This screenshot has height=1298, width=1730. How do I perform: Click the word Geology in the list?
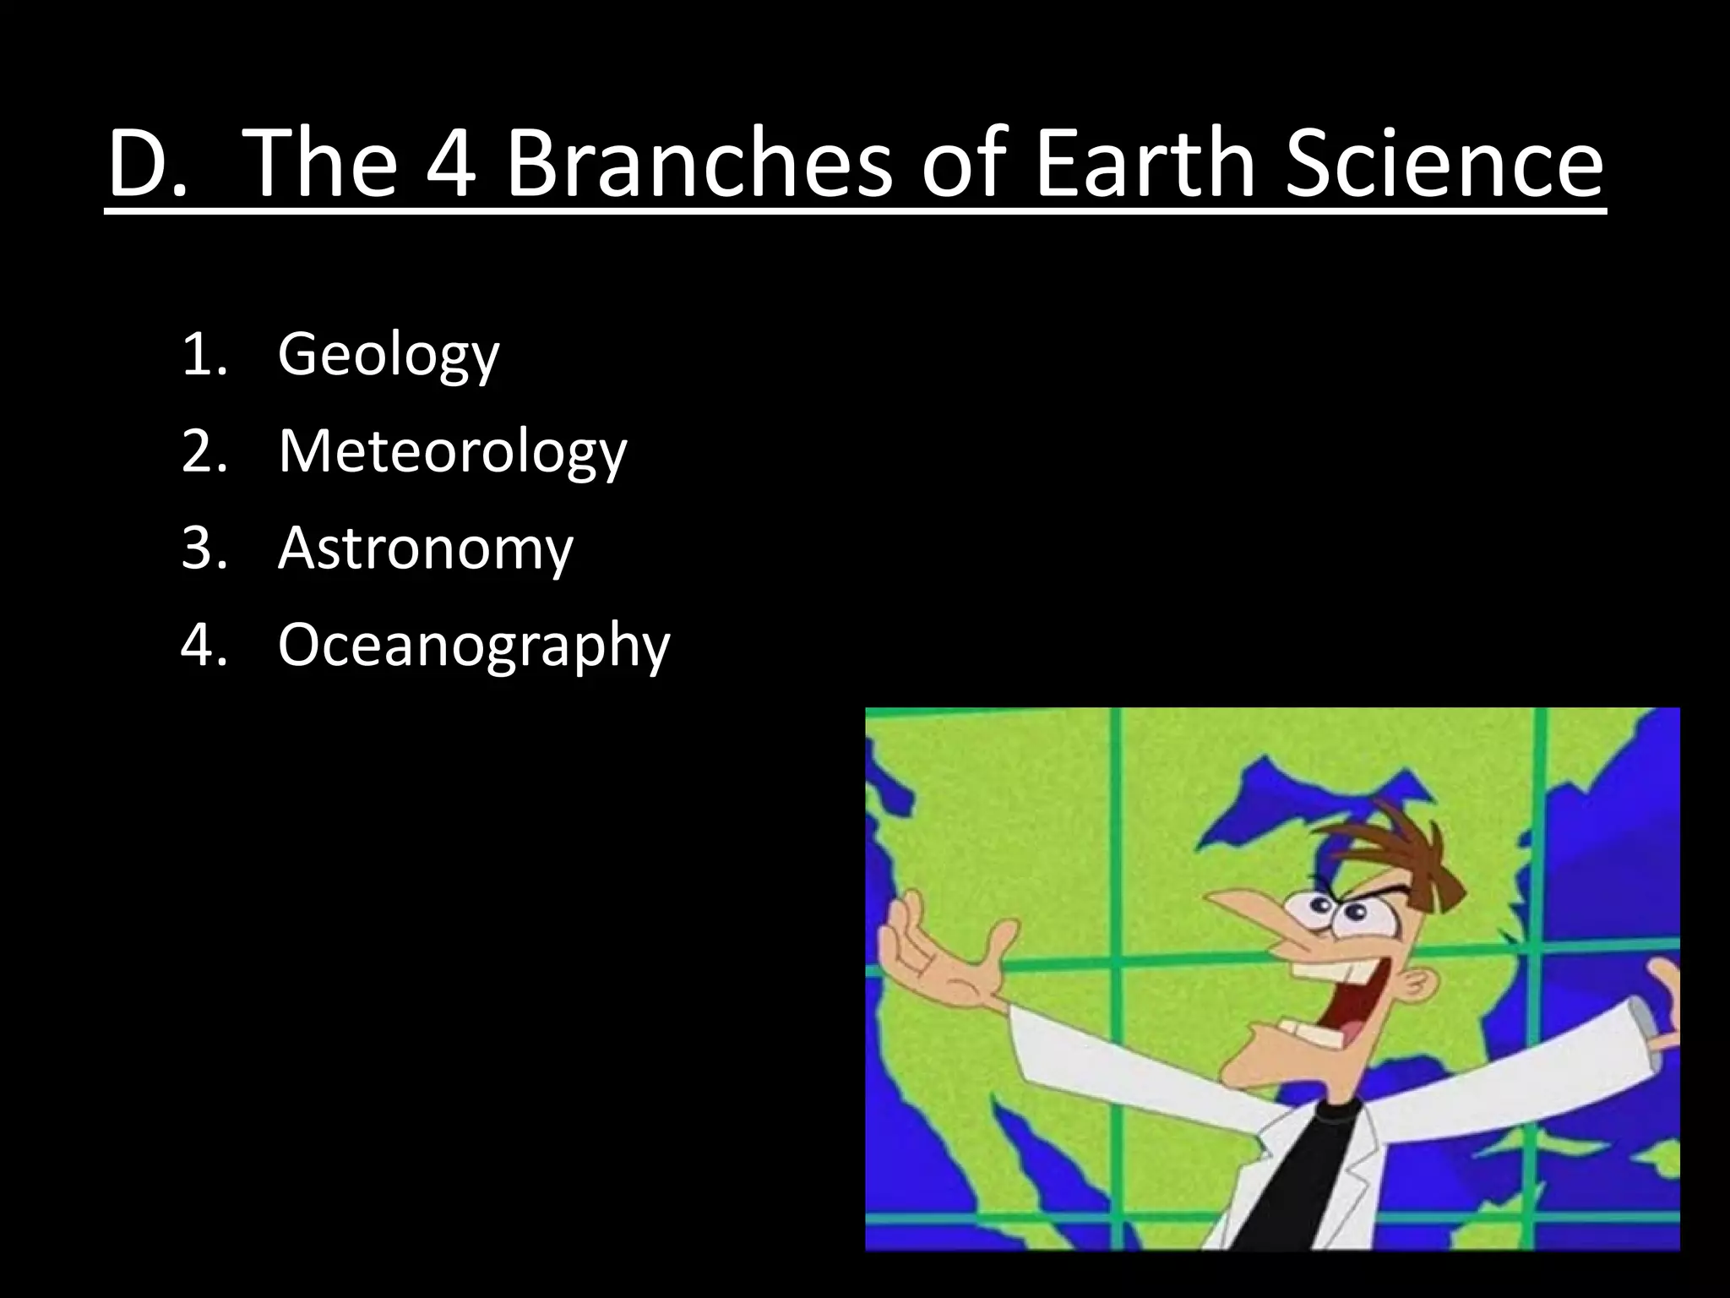tap(389, 355)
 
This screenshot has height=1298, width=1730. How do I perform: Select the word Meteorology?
tap(453, 451)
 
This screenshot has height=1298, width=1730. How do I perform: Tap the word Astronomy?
tap(426, 548)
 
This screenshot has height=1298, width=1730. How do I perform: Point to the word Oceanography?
tap(474, 646)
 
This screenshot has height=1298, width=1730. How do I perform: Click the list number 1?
tap(204, 355)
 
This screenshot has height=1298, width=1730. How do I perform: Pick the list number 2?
tap(204, 451)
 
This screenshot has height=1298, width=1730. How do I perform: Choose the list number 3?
tap(204, 548)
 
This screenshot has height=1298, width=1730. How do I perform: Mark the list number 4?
tap(204, 646)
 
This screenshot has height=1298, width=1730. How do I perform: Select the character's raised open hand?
tap(938, 955)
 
